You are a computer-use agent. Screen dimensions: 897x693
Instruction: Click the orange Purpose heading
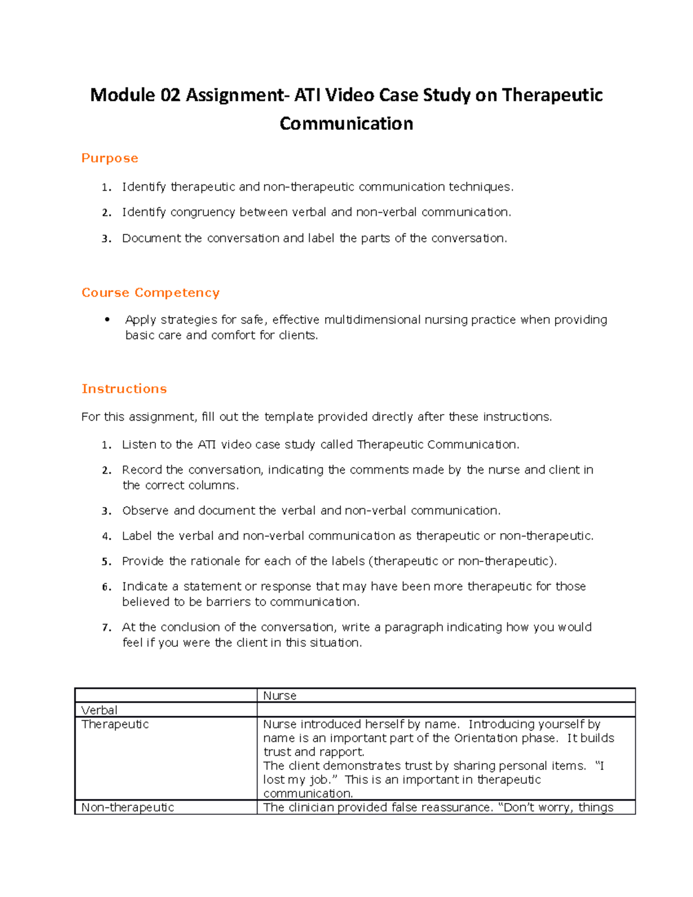pos(110,158)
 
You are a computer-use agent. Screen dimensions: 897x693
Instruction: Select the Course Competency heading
pos(150,293)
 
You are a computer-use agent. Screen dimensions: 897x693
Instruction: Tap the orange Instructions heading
pos(124,389)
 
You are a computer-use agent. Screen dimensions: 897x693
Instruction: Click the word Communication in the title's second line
pos(346,124)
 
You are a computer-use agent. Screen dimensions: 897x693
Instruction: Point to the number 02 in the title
pos(170,95)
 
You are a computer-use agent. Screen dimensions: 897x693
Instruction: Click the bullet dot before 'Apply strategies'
pos(107,319)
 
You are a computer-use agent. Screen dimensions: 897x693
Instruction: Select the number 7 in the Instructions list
pos(106,628)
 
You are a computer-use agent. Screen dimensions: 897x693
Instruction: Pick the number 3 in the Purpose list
pos(106,239)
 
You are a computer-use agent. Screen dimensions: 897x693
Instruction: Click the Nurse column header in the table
pos(280,696)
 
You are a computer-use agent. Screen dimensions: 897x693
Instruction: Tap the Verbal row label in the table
pos(99,710)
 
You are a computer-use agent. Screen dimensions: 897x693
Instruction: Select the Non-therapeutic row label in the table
pos(128,807)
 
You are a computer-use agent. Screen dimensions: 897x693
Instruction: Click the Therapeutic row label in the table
pos(115,724)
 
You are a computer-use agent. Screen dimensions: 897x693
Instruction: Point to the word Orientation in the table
pos(486,738)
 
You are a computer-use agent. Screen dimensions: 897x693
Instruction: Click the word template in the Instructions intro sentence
pos(289,417)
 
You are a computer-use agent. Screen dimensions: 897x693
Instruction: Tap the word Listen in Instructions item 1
pos(139,445)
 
